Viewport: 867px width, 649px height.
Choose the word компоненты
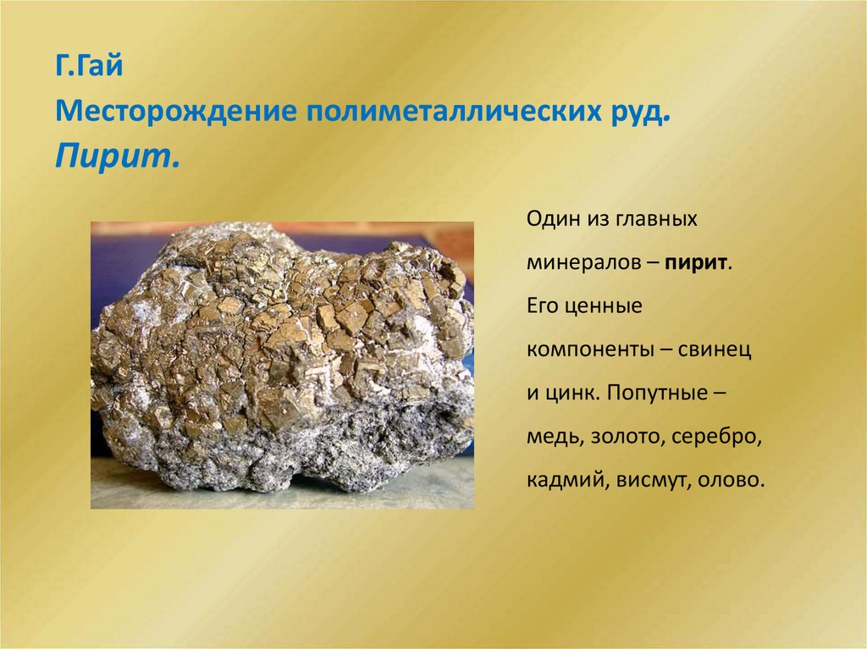[586, 350]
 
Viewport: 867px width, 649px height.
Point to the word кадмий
[565, 481]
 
